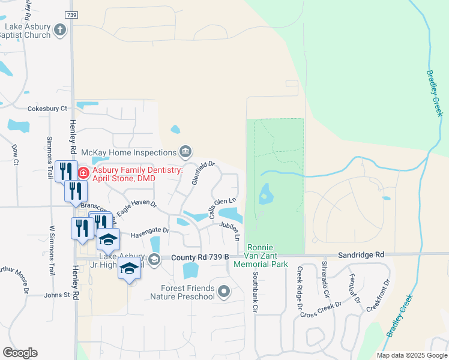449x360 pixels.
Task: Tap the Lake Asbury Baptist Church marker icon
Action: pos(59,29)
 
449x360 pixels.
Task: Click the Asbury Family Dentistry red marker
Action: pos(83,173)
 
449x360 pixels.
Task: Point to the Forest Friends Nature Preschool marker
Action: pos(224,292)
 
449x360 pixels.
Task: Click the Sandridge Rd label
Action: pos(360,254)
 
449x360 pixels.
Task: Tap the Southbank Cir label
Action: pos(255,285)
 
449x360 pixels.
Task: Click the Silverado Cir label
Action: pos(325,280)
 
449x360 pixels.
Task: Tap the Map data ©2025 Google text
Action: pos(411,355)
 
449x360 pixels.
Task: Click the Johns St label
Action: pos(57,295)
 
